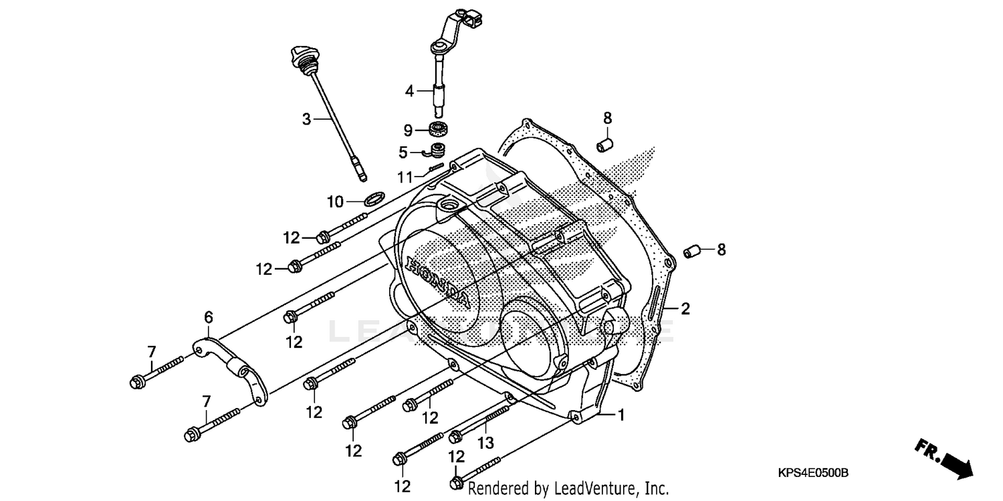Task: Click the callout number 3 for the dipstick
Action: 306,120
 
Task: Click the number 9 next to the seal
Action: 409,130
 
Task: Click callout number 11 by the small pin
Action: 403,177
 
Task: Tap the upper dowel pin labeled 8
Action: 606,144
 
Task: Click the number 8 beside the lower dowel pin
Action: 721,249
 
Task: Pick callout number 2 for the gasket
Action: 685,309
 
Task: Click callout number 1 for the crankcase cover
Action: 621,415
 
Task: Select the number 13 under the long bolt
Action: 485,442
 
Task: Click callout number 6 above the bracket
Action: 209,316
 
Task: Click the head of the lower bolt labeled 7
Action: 191,436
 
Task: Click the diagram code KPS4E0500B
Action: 812,473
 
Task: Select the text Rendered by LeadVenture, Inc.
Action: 568,488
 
